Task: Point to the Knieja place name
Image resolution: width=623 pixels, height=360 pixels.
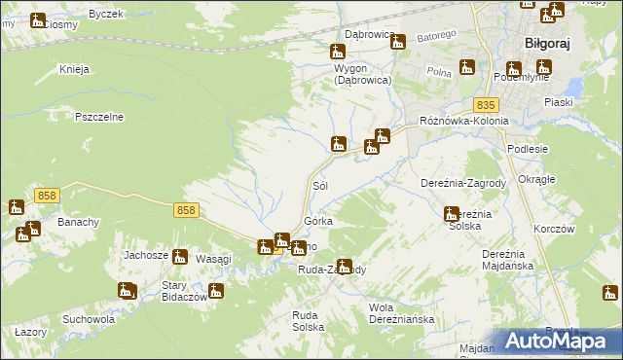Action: point(74,69)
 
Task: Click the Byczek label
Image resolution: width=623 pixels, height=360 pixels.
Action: point(106,14)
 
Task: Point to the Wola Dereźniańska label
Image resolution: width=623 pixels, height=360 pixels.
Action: point(400,313)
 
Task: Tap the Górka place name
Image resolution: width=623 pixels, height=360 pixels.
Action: point(318,221)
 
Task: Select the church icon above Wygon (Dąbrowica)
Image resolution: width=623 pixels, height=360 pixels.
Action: point(338,52)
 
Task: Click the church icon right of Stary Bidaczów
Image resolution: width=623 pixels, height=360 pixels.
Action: point(216,290)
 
